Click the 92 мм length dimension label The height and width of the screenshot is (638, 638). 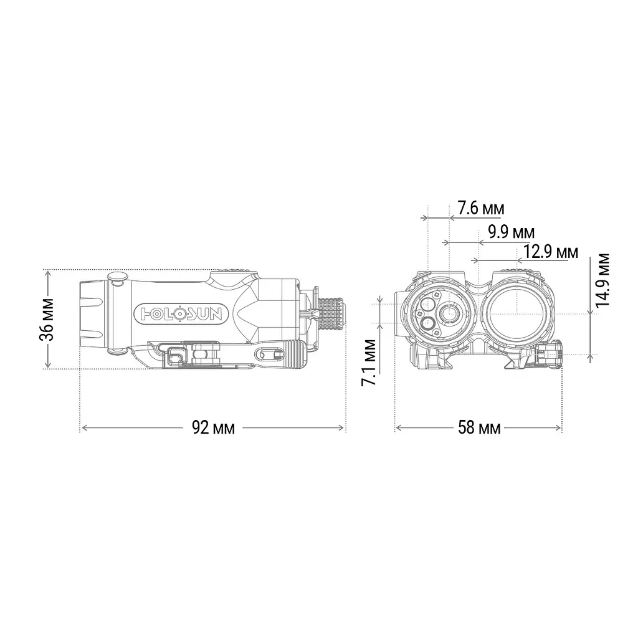click(213, 427)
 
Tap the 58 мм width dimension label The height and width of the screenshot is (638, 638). click(479, 427)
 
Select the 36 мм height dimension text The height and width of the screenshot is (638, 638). click(47, 320)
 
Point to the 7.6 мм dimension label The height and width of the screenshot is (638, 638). click(481, 208)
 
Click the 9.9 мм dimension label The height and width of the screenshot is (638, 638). click(512, 232)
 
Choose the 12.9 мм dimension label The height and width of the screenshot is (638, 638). click(550, 252)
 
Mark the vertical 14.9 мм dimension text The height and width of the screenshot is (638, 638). click(602, 280)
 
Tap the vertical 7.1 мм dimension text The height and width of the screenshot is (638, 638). click(369, 363)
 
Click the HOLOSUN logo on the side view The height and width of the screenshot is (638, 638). click(181, 314)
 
